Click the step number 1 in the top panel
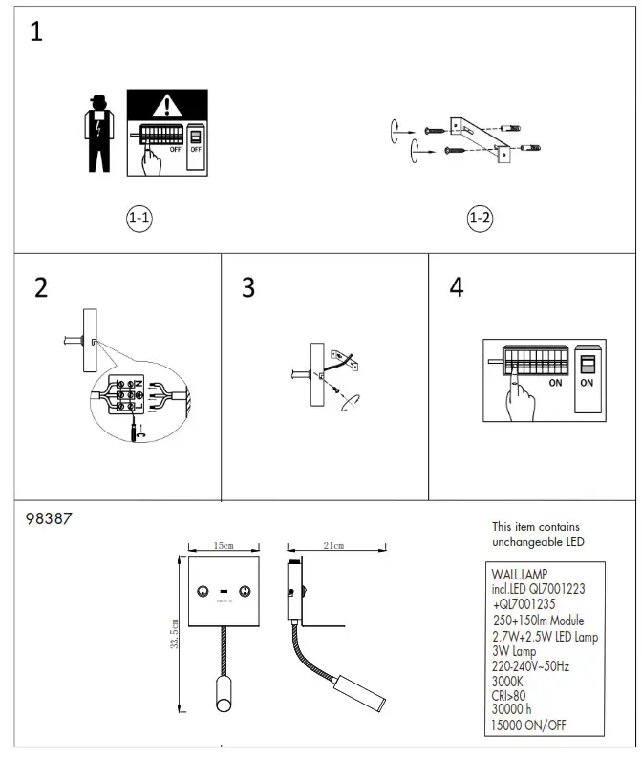pyautogui.click(x=36, y=32)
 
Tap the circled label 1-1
pyautogui.click(x=139, y=218)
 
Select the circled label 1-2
pyautogui.click(x=480, y=218)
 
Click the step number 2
pyautogui.click(x=40, y=287)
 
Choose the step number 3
pyautogui.click(x=248, y=287)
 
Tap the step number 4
pyautogui.click(x=456, y=287)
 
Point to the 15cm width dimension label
pyautogui.click(x=224, y=547)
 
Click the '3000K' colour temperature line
pyautogui.click(x=508, y=682)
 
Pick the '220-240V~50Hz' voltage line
pyautogui.click(x=530, y=666)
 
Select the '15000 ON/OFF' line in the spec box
pyautogui.click(x=529, y=726)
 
